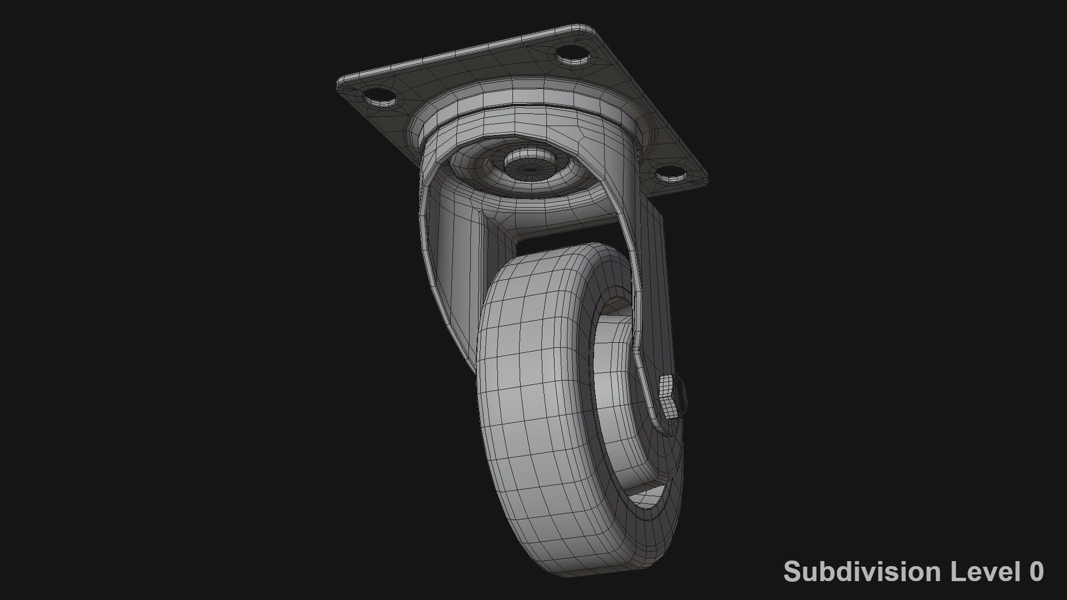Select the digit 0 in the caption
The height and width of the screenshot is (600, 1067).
1036,572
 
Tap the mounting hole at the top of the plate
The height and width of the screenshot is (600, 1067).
572,54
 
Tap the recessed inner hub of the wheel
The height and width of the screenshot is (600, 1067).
617,400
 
